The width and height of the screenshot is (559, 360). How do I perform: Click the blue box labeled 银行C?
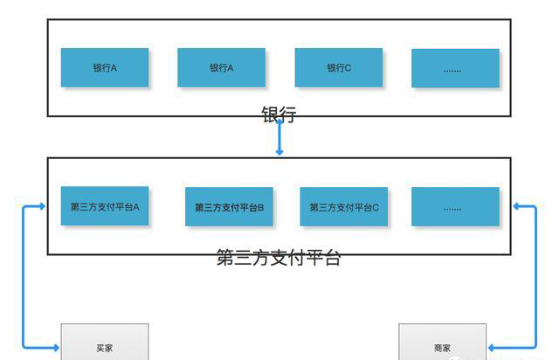pyautogui.click(x=338, y=67)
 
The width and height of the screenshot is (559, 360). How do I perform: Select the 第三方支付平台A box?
pyautogui.click(x=105, y=206)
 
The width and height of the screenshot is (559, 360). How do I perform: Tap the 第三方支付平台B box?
pyautogui.click(x=229, y=207)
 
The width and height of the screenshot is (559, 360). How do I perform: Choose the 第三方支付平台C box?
pyautogui.click(x=343, y=207)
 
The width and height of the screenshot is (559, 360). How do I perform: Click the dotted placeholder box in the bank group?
pyautogui.click(x=455, y=68)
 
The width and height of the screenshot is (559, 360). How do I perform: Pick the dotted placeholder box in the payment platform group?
pyautogui.click(x=455, y=207)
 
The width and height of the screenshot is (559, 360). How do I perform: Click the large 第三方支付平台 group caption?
pyautogui.click(x=279, y=258)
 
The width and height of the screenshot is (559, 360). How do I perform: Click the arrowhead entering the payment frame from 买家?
pyautogui.click(x=43, y=206)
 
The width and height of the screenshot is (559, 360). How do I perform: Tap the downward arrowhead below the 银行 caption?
pyautogui.click(x=279, y=152)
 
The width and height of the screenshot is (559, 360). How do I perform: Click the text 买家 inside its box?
pyautogui.click(x=105, y=348)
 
